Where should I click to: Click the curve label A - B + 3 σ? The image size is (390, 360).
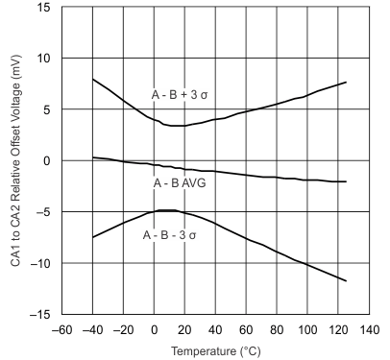(182, 94)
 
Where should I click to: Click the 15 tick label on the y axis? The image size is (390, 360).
(43, 8)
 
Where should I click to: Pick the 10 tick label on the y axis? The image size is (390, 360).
(43, 59)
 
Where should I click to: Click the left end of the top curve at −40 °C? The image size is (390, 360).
(93, 80)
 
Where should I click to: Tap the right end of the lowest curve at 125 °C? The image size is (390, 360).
(345, 280)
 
